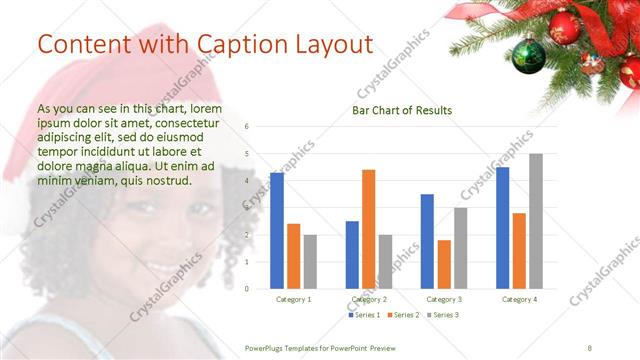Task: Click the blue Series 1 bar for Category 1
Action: click(277, 231)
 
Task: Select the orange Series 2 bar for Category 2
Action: click(368, 229)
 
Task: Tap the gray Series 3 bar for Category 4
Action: click(536, 221)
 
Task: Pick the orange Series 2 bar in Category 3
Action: click(444, 264)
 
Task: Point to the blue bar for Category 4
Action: click(502, 228)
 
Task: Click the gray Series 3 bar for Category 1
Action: click(310, 262)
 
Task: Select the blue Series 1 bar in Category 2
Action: click(352, 255)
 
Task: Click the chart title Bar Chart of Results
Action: click(402, 110)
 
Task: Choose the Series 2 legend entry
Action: click(402, 315)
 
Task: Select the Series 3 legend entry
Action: click(441, 315)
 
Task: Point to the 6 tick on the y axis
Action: click(247, 127)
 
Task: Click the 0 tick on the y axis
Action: click(247, 289)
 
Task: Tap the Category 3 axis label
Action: click(444, 299)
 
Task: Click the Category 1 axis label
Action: click(293, 299)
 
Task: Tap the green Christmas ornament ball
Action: click(528, 56)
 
